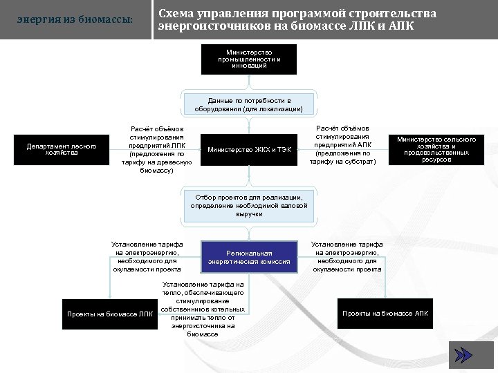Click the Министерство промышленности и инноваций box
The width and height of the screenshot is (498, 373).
[249, 59]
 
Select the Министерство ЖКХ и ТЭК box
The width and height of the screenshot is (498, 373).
[249, 150]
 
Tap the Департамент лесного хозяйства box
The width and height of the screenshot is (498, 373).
[62, 150]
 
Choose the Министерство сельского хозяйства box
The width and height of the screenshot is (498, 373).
[436, 150]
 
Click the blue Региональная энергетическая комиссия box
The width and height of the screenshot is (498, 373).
[249, 258]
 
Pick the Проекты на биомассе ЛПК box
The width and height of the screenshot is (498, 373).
[110, 314]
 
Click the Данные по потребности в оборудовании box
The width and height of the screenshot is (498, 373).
[249, 104]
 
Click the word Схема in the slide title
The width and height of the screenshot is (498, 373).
[178, 14]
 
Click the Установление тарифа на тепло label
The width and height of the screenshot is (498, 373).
[203, 309]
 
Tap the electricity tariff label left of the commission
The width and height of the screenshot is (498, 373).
[147, 257]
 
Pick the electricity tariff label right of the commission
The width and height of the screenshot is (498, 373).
[347, 257]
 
